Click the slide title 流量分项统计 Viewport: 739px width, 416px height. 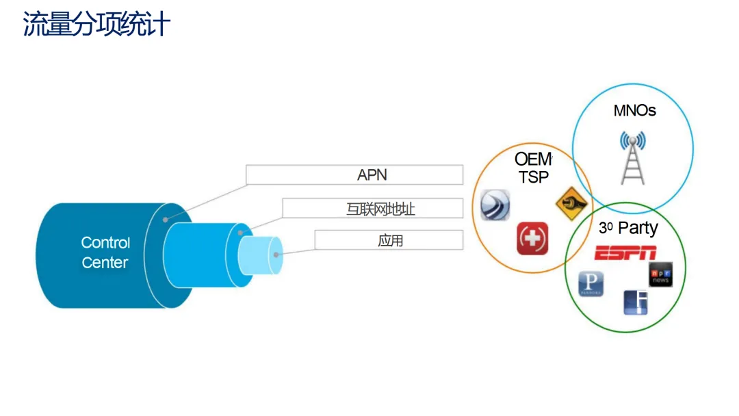pos(96,25)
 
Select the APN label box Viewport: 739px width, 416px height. pos(354,174)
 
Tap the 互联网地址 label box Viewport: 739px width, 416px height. pos(373,208)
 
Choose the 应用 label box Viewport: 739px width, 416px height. pos(389,240)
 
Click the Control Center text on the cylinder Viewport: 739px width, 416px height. pos(105,252)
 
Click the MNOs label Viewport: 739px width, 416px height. pos(634,110)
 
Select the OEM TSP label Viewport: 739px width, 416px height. pos(532,168)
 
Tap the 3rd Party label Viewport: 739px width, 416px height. pos(627,229)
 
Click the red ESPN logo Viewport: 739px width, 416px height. pos(625,254)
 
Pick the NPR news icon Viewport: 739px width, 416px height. pos(660,274)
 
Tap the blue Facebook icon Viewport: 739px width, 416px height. pos(636,302)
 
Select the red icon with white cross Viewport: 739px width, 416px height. pos(532,238)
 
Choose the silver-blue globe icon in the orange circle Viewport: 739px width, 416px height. pos(495,205)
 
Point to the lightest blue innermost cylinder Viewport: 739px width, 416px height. pos(259,255)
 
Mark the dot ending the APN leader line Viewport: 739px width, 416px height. pos(165,220)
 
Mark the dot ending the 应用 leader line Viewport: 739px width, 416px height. pos(276,255)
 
